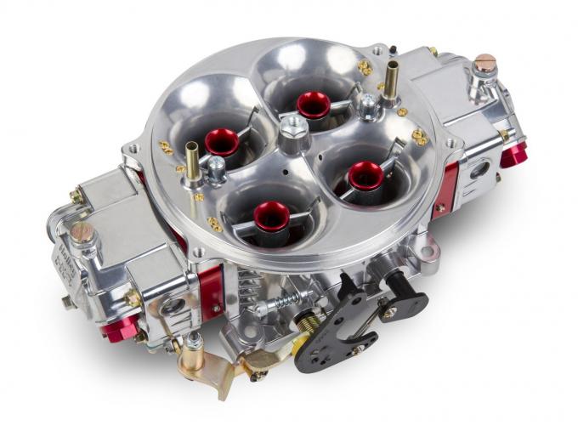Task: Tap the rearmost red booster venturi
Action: [x=313, y=103]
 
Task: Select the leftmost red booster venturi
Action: [x=222, y=140]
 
